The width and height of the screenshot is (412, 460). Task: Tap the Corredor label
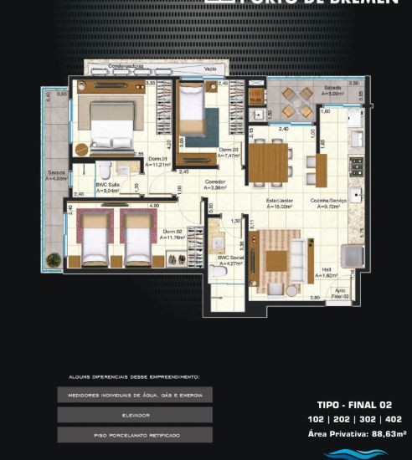pyautogui.click(x=216, y=185)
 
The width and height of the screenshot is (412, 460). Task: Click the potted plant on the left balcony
pyautogui.click(x=54, y=258)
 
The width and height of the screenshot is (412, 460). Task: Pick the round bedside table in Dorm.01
pyautogui.click(x=81, y=150)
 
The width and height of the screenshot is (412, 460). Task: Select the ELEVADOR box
pyautogui.click(x=134, y=414)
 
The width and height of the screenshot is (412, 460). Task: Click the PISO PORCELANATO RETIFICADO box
pyautogui.click(x=134, y=435)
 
